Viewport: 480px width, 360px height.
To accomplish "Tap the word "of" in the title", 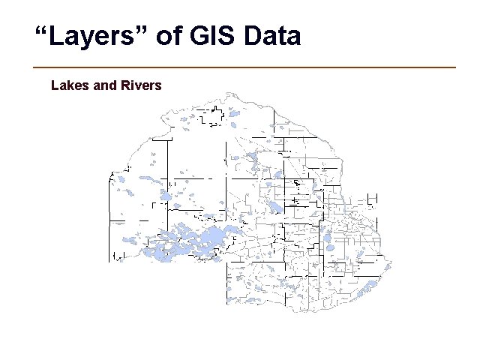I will click(169, 36).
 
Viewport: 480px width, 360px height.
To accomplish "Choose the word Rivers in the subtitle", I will click(141, 85).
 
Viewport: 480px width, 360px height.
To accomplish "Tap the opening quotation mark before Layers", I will click(42, 31).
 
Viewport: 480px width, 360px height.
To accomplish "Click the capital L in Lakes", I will click(55, 85).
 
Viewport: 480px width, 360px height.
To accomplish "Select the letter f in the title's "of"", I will click(177, 36).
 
